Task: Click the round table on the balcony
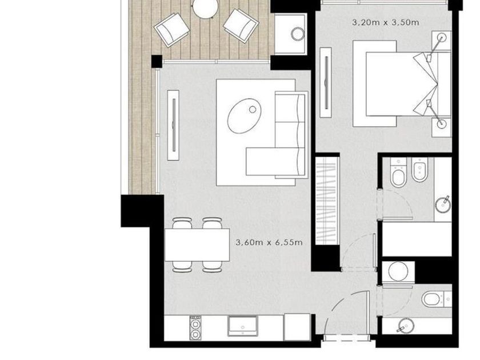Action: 205,8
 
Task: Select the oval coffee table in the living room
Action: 244,115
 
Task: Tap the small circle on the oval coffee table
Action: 253,109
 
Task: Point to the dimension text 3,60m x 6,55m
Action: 269,242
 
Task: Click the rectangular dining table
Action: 197,245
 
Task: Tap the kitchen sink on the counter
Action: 242,326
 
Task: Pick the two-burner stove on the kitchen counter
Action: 195,327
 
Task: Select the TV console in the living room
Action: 173,125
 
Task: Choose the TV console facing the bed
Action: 326,82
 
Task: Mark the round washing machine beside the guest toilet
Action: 398,271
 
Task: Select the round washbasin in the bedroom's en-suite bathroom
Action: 443,204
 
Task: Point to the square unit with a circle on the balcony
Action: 290,34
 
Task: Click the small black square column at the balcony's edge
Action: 157,61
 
